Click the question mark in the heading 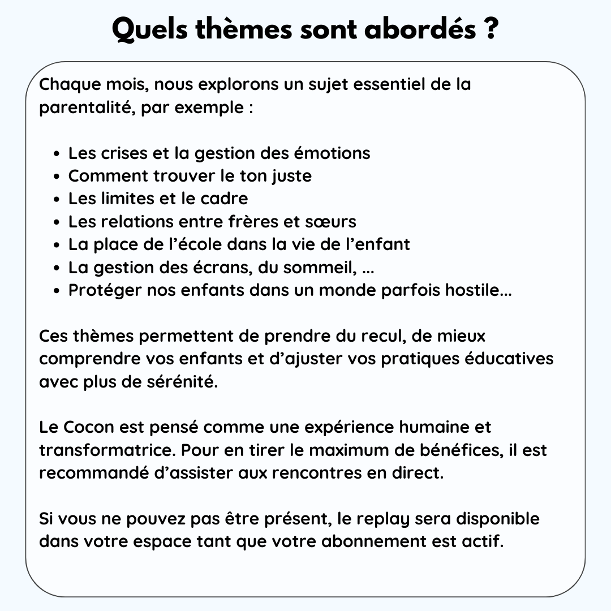click(x=490, y=30)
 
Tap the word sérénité click(x=186, y=382)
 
